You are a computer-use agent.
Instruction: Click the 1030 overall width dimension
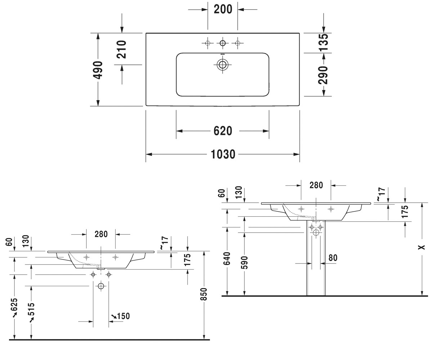click(223, 154)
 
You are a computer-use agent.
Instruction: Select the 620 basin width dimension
click(223, 131)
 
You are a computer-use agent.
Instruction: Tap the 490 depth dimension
click(98, 70)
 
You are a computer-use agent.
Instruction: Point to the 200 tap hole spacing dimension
click(223, 9)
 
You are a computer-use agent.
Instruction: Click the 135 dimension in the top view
click(323, 42)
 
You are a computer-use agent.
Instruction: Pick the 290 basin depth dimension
click(323, 75)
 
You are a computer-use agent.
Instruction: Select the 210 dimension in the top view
click(121, 49)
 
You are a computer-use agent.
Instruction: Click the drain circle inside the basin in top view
click(222, 65)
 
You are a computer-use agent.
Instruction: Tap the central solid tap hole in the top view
click(222, 43)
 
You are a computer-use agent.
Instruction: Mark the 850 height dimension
click(204, 294)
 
